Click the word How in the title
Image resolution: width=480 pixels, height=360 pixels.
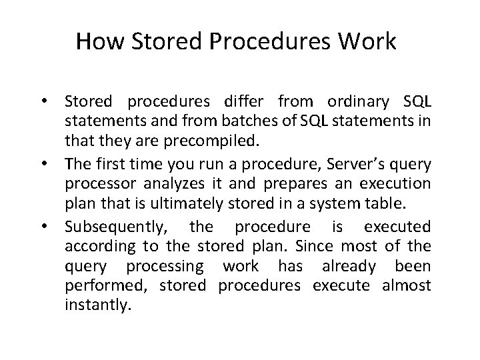coord(93,41)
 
